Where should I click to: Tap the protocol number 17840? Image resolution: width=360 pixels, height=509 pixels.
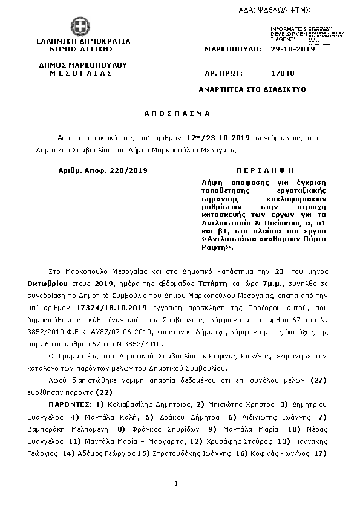[x=283, y=73]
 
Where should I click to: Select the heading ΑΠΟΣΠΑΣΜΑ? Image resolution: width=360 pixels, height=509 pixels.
[x=177, y=114]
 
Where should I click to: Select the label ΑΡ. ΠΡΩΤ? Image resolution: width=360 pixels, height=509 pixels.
[x=224, y=73]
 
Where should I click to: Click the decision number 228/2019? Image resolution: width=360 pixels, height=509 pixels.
[x=129, y=170]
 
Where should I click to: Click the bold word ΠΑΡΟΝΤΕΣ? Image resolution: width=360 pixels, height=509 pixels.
[x=70, y=403]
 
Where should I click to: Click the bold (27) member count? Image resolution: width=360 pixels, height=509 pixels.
[x=318, y=380]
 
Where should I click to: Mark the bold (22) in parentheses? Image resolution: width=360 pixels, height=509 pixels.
[x=123, y=392]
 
